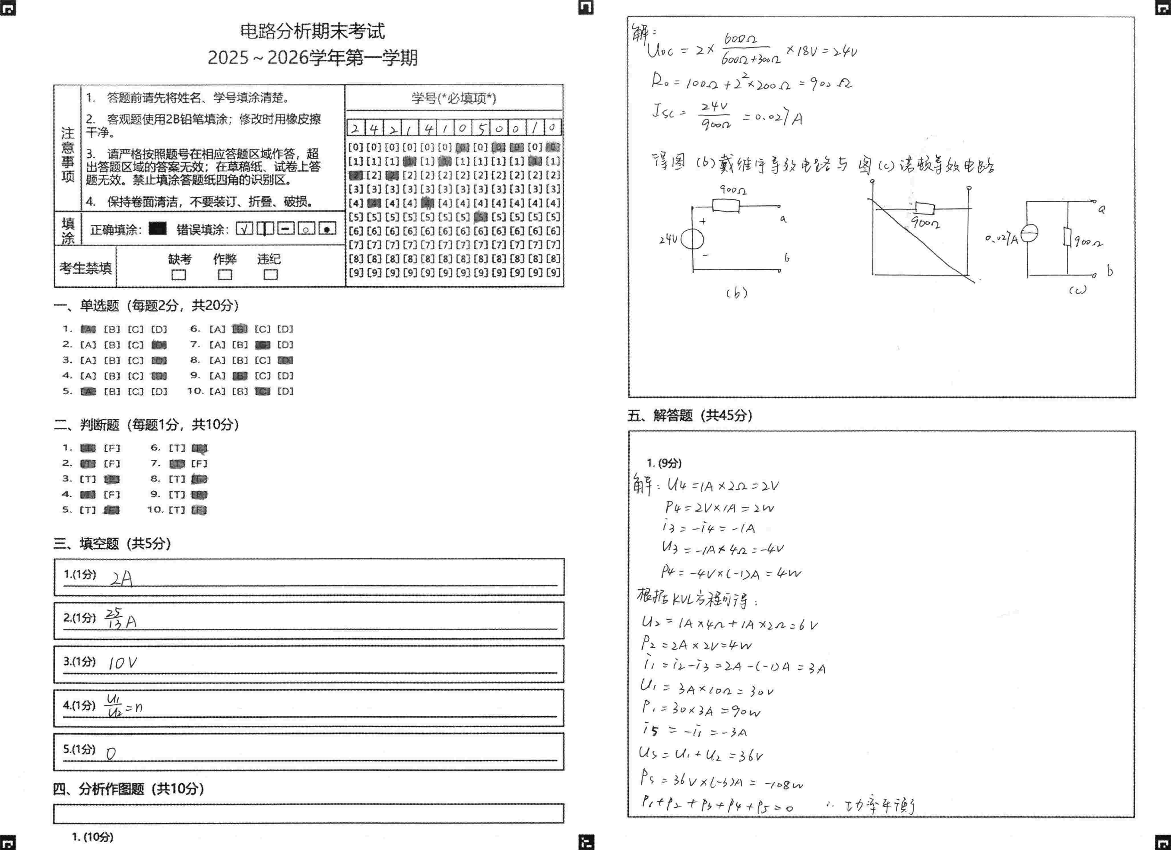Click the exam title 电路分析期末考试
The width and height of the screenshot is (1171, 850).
click(312, 31)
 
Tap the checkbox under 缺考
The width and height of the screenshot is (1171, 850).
click(179, 275)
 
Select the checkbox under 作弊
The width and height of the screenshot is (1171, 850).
click(225, 275)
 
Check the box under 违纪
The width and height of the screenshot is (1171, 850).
click(271, 275)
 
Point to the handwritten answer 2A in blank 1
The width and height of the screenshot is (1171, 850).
click(122, 579)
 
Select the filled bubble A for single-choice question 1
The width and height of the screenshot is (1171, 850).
click(88, 329)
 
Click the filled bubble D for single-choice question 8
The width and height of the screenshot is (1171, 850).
click(285, 360)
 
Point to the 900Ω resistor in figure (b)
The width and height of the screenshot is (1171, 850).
click(725, 206)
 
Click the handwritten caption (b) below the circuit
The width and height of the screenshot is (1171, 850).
click(737, 293)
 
